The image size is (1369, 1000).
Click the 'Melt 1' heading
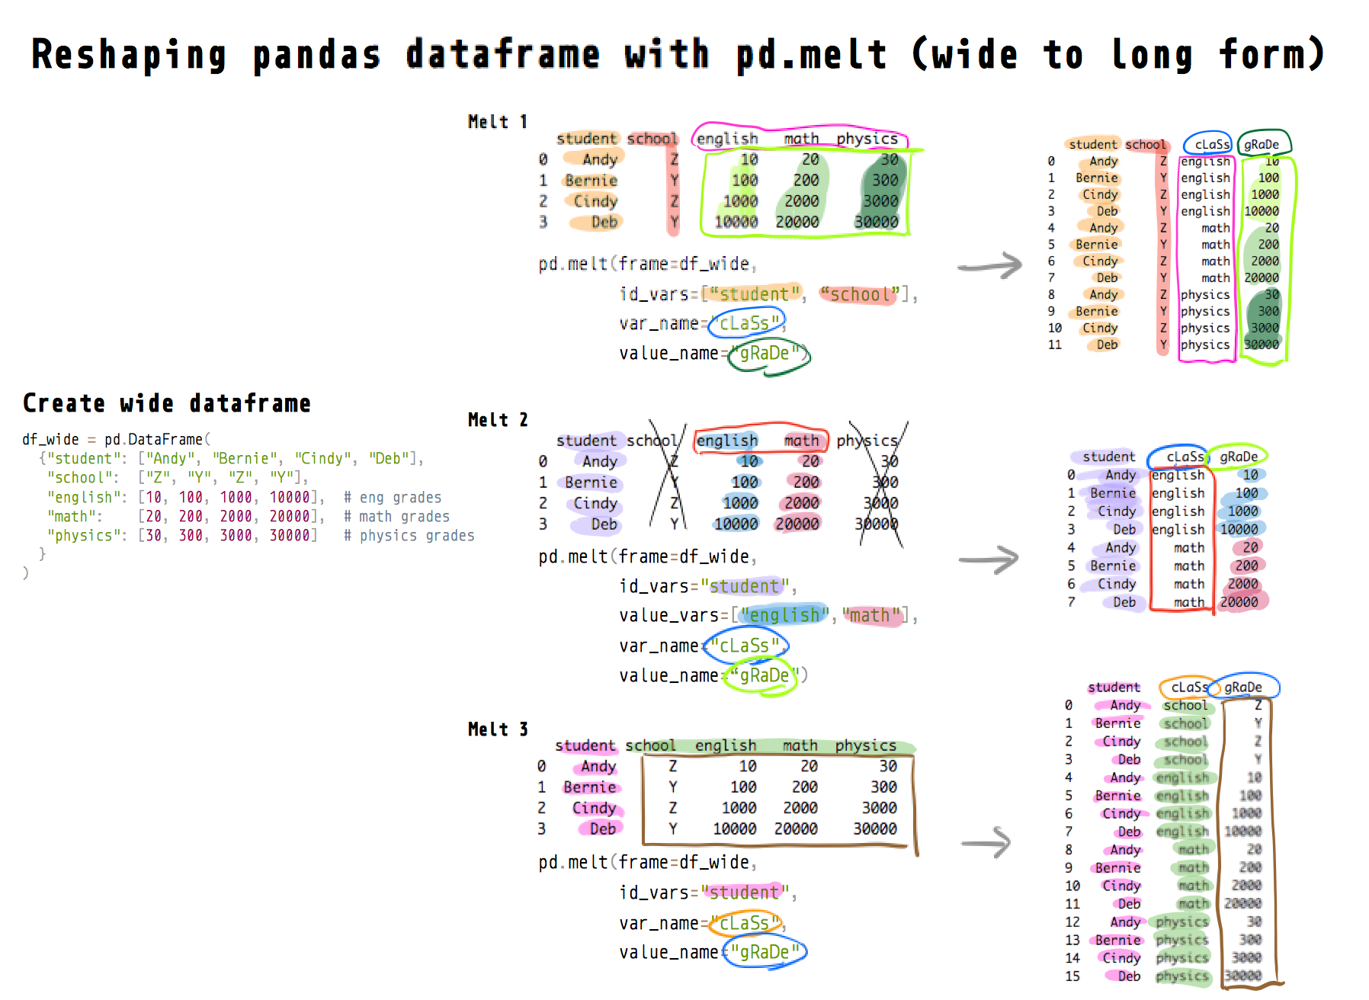tap(497, 122)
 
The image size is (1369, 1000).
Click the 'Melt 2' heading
tap(497, 420)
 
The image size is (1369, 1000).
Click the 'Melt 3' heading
tap(497, 729)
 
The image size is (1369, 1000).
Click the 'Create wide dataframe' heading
tap(166, 403)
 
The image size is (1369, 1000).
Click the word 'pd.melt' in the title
tap(811, 55)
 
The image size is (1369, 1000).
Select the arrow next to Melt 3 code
tap(986, 843)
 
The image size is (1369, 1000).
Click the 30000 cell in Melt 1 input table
tap(876, 222)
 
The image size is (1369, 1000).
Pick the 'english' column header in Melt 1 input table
tap(727, 139)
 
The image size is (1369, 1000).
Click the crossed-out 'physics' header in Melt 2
tap(867, 441)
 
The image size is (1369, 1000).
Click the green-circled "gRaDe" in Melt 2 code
tap(763, 675)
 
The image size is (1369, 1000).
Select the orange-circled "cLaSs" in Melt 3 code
tap(745, 923)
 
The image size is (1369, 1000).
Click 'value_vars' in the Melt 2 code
tap(668, 616)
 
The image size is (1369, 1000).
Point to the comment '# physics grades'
tap(409, 536)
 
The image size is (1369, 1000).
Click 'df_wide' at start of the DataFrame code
tap(50, 440)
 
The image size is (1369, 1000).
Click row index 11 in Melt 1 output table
tap(1054, 345)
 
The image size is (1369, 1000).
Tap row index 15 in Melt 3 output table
tap(1072, 976)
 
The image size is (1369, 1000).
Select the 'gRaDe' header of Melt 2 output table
tap(1239, 457)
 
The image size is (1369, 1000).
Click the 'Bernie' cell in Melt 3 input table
tap(590, 787)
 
